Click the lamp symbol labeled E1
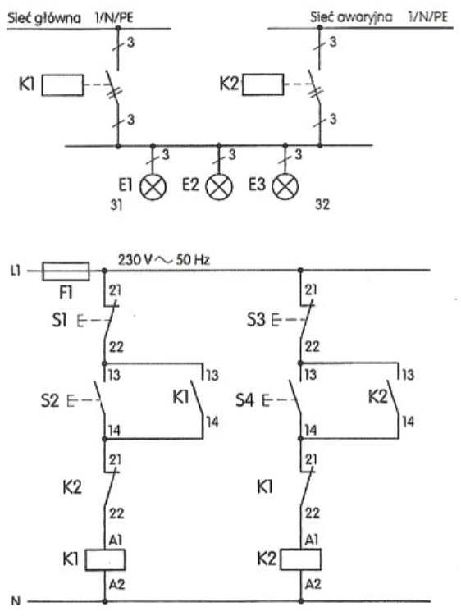pos(153,187)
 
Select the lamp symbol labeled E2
pos(219,187)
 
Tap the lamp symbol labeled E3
pos(285,187)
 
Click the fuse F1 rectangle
pos(66,271)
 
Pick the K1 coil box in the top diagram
pos(62,84)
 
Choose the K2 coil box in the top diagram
pos(263,84)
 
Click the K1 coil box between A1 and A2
pos(105,559)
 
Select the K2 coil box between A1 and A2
pos(300,559)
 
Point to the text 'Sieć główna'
pos(44,18)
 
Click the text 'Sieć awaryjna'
pos(351,17)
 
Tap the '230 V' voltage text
pos(135,260)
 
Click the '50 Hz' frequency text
pos(193,260)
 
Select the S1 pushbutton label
pos(60,320)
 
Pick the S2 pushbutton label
pos(49,401)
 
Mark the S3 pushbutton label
pos(256,320)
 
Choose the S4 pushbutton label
pos(244,401)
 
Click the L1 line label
pos(16,271)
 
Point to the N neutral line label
pos(16,601)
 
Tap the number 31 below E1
pos(116,205)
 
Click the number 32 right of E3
pos(322,204)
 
